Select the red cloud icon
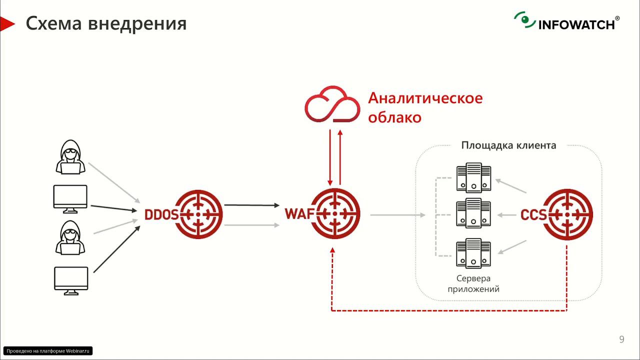(332, 104)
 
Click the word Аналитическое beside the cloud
(425, 98)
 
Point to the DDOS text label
(161, 214)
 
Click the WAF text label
(299, 213)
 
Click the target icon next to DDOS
(198, 214)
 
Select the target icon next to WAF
(334, 214)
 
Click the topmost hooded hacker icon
(70, 157)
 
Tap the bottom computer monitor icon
(71, 280)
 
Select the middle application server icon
(473, 213)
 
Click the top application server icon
(473, 177)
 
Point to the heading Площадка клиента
(508, 145)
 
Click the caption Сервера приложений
(473, 283)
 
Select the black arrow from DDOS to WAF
(251, 205)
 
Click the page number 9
(621, 339)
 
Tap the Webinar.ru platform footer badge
(48, 351)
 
